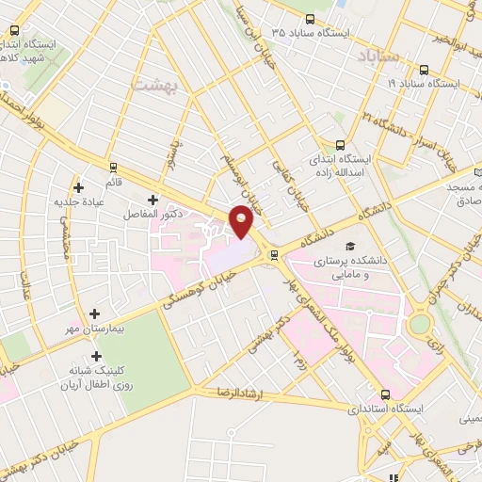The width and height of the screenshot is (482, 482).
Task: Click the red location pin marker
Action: click(243, 220)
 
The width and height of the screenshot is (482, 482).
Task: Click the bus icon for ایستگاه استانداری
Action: click(384, 395)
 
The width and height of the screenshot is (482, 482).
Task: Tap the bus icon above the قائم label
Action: click(113, 169)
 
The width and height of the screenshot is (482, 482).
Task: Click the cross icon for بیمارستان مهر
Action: click(93, 313)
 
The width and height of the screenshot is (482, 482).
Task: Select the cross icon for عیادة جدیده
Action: click(79, 187)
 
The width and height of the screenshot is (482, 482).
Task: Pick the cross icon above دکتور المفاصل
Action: click(153, 200)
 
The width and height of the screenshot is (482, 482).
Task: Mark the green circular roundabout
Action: click(419, 325)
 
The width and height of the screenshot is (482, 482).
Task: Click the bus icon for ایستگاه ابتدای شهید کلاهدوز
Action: click(13, 29)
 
